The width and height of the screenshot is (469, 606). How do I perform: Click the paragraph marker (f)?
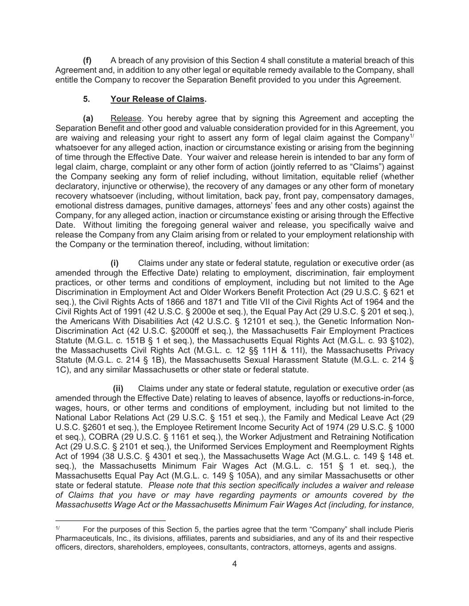point(87,60)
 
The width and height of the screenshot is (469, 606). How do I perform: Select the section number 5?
point(86,99)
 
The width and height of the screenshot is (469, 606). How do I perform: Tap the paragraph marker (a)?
point(88,119)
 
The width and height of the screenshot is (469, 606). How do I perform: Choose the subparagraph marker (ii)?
point(118,389)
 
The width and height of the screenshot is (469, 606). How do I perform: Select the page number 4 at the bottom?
point(234,564)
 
